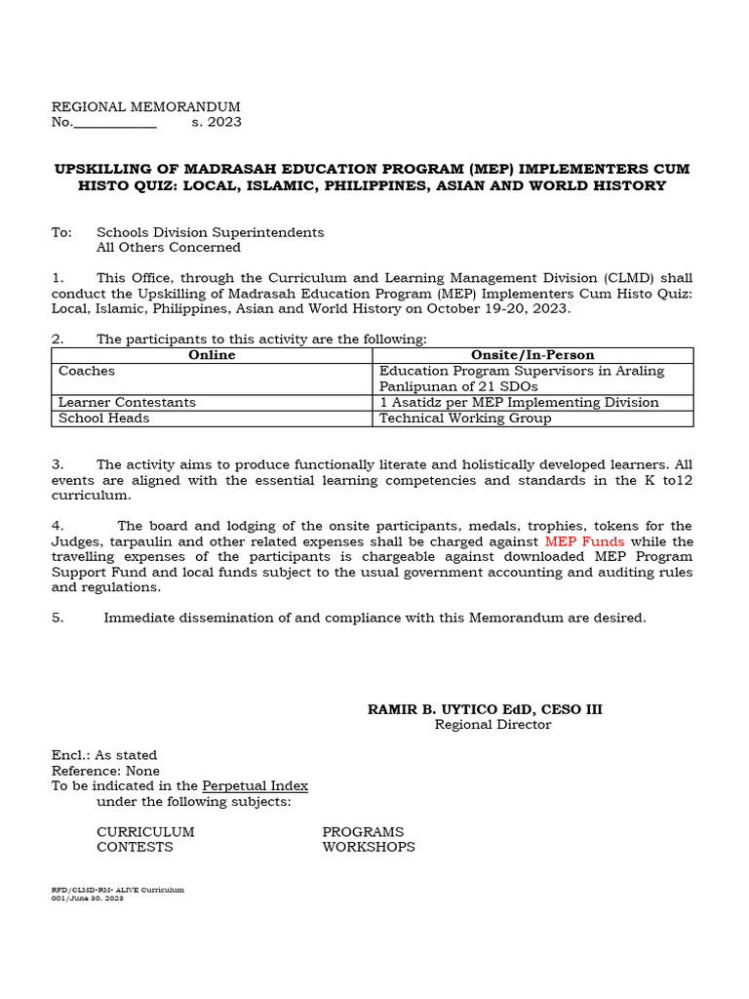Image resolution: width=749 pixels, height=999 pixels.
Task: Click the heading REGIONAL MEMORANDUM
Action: point(145,106)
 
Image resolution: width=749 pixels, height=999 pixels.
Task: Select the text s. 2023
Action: point(217,122)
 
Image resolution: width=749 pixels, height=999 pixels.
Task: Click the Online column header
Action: point(212,355)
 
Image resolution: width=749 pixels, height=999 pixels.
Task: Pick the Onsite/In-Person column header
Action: point(532,355)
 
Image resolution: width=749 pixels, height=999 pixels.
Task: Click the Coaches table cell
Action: point(86,371)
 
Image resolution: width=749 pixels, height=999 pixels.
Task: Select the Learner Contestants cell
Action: point(127,402)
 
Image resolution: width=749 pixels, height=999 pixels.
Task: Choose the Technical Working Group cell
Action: point(465,418)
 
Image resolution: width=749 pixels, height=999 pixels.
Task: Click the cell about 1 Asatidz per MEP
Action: point(519,402)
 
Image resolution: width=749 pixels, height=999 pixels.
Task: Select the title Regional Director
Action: point(493,725)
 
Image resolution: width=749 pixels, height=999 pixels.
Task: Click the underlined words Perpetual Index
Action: point(255,785)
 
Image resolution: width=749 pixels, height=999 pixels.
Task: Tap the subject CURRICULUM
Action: point(145,832)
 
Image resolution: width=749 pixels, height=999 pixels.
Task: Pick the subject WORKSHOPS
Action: point(369,847)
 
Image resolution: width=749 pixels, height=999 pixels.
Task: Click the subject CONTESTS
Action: point(135,847)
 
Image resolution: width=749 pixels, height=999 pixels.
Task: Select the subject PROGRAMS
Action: point(363,832)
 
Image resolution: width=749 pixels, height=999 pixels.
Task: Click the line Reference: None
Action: point(105,771)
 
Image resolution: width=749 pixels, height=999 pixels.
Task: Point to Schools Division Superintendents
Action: point(210,232)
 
